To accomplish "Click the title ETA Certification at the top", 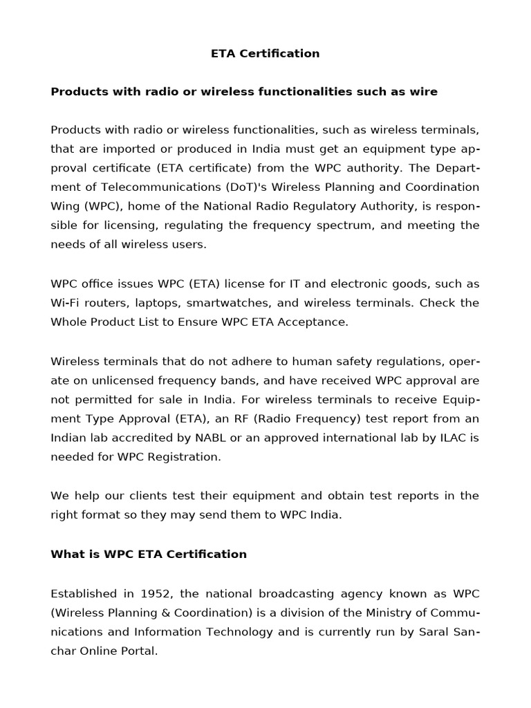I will click(265, 53).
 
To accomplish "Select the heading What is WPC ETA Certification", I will click(149, 554).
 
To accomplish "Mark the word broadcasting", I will click(295, 593).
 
